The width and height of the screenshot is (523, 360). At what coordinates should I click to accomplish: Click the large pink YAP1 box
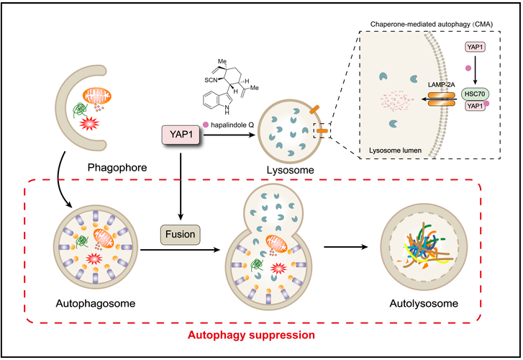pos(181,135)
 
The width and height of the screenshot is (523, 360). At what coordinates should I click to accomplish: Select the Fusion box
pos(181,235)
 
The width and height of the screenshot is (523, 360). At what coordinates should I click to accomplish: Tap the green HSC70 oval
pos(475,94)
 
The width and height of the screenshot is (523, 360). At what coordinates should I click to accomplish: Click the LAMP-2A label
pos(441,85)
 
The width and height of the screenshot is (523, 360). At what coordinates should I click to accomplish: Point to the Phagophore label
pos(117,167)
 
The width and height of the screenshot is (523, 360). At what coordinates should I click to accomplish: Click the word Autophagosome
pos(96,303)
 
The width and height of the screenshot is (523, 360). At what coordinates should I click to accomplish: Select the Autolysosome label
pos(424,303)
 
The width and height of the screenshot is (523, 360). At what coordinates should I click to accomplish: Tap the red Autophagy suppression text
pos(251,335)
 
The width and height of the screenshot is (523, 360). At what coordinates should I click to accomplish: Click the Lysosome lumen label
pos(395,150)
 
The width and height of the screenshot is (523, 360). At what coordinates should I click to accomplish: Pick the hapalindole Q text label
pos(232,125)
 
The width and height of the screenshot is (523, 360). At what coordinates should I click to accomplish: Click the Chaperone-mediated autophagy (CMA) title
pos(432,24)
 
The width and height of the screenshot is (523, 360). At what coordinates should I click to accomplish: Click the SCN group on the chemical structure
pos(211,80)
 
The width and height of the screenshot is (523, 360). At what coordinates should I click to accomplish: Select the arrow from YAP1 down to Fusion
pos(181,186)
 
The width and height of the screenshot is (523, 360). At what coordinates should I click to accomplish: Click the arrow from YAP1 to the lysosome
pos(229,135)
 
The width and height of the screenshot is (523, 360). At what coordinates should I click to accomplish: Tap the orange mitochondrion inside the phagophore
pos(97,96)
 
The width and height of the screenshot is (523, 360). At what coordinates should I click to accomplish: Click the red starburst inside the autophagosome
pos(94,258)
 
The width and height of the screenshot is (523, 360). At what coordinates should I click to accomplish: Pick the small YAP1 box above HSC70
pos(475,47)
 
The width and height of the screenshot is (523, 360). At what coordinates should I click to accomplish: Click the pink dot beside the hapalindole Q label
pos(206,125)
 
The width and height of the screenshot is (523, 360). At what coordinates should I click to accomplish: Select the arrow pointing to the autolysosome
pos(346,247)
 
